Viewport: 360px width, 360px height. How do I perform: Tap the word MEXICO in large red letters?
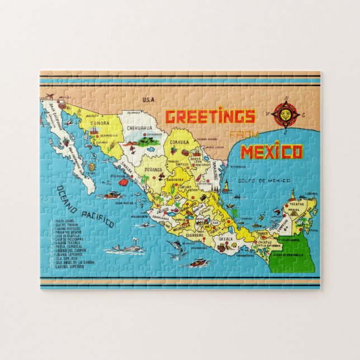[x=272, y=151]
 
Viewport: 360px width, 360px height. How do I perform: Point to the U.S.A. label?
[x=148, y=100]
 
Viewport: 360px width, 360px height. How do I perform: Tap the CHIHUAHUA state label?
[x=139, y=128]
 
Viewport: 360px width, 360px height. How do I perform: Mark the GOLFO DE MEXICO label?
[x=272, y=180]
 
